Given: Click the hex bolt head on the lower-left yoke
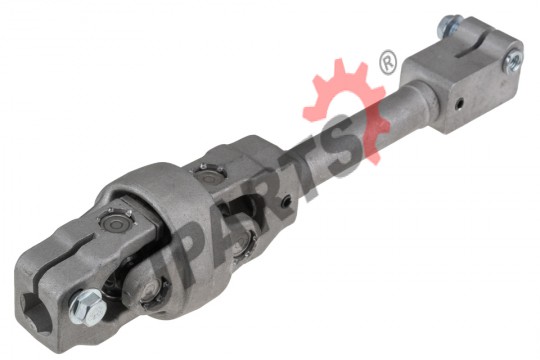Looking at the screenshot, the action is pyautogui.click(x=86, y=307).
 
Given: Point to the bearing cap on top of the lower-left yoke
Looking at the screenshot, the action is pyautogui.click(x=116, y=221).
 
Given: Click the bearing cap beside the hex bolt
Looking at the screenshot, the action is pyautogui.click(x=152, y=289).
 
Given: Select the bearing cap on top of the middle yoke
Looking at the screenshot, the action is pyautogui.click(x=209, y=174).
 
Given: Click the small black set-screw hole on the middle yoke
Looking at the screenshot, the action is pyautogui.click(x=286, y=202).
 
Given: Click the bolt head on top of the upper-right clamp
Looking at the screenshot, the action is pyautogui.click(x=449, y=25).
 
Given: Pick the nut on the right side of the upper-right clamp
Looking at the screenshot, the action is pyautogui.click(x=512, y=61).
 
